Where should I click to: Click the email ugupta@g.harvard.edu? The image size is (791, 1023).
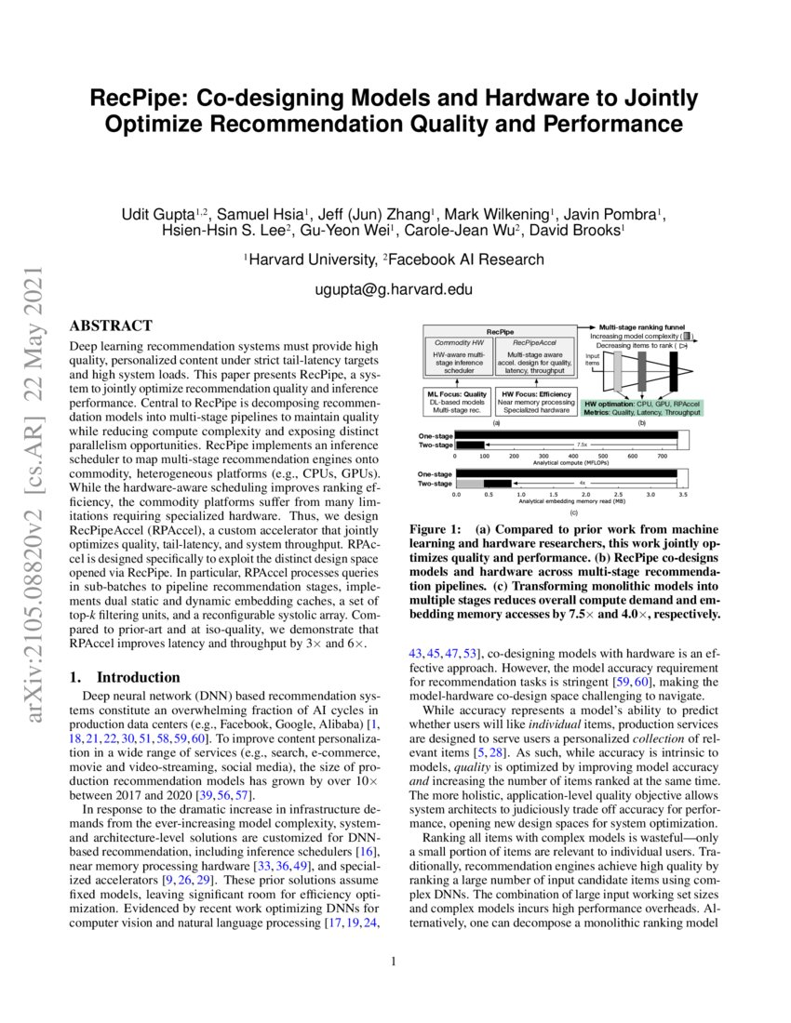click(x=395, y=290)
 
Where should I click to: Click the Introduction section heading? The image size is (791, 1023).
click(x=138, y=677)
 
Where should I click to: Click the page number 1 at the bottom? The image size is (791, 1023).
click(x=395, y=961)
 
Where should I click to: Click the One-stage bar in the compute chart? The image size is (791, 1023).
click(x=566, y=436)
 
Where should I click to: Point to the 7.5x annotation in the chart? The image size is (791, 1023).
click(x=582, y=445)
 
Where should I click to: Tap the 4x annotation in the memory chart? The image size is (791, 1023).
click(x=583, y=484)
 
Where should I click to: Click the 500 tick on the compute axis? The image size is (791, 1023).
click(x=602, y=456)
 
